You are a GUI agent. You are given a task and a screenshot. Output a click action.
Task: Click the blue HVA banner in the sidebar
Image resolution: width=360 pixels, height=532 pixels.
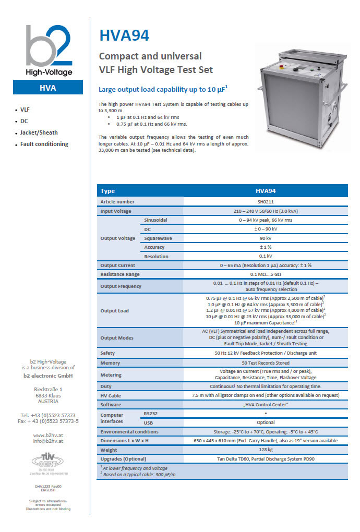(48, 88)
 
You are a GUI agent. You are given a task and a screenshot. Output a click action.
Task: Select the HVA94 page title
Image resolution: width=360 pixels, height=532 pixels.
(124, 35)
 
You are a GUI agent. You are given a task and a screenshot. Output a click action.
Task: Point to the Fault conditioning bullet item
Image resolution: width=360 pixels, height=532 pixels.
(44, 144)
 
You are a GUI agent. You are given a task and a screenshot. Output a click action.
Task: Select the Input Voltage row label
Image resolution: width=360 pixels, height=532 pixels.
(116, 211)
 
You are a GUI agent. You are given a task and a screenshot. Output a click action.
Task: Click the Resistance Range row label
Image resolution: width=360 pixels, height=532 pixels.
(120, 274)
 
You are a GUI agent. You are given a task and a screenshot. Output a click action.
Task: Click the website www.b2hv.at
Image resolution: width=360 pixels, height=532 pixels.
(48, 435)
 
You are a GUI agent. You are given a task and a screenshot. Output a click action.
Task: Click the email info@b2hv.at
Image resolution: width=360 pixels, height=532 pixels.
(48, 441)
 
